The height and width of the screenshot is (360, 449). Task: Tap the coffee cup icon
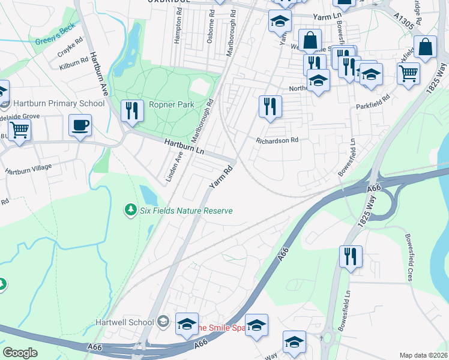click(80, 125)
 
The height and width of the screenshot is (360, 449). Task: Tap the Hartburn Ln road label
click(184, 146)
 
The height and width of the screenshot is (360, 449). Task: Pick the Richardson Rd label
click(277, 140)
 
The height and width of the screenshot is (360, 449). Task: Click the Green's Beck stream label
click(56, 41)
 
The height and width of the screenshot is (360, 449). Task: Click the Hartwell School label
click(125, 322)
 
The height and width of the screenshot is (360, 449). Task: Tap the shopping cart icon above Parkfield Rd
click(408, 73)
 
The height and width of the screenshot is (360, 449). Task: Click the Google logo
click(20, 353)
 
